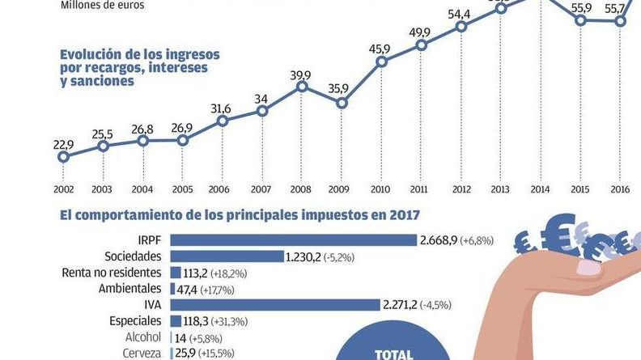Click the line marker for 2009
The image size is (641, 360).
pyautogui.click(x=342, y=103)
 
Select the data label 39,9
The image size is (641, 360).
pyautogui.click(x=301, y=75)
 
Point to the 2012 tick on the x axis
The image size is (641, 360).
pyautogui.click(x=461, y=189)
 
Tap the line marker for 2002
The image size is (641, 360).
pyautogui.click(x=63, y=157)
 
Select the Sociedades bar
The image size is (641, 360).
pyautogui.click(x=227, y=256)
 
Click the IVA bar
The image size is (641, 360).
pyautogui.click(x=275, y=304)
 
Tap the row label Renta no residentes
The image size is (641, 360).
pyautogui.click(x=112, y=273)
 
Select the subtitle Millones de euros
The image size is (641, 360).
pyautogui.click(x=102, y=5)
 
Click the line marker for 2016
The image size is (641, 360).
pyautogui.click(x=620, y=21)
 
